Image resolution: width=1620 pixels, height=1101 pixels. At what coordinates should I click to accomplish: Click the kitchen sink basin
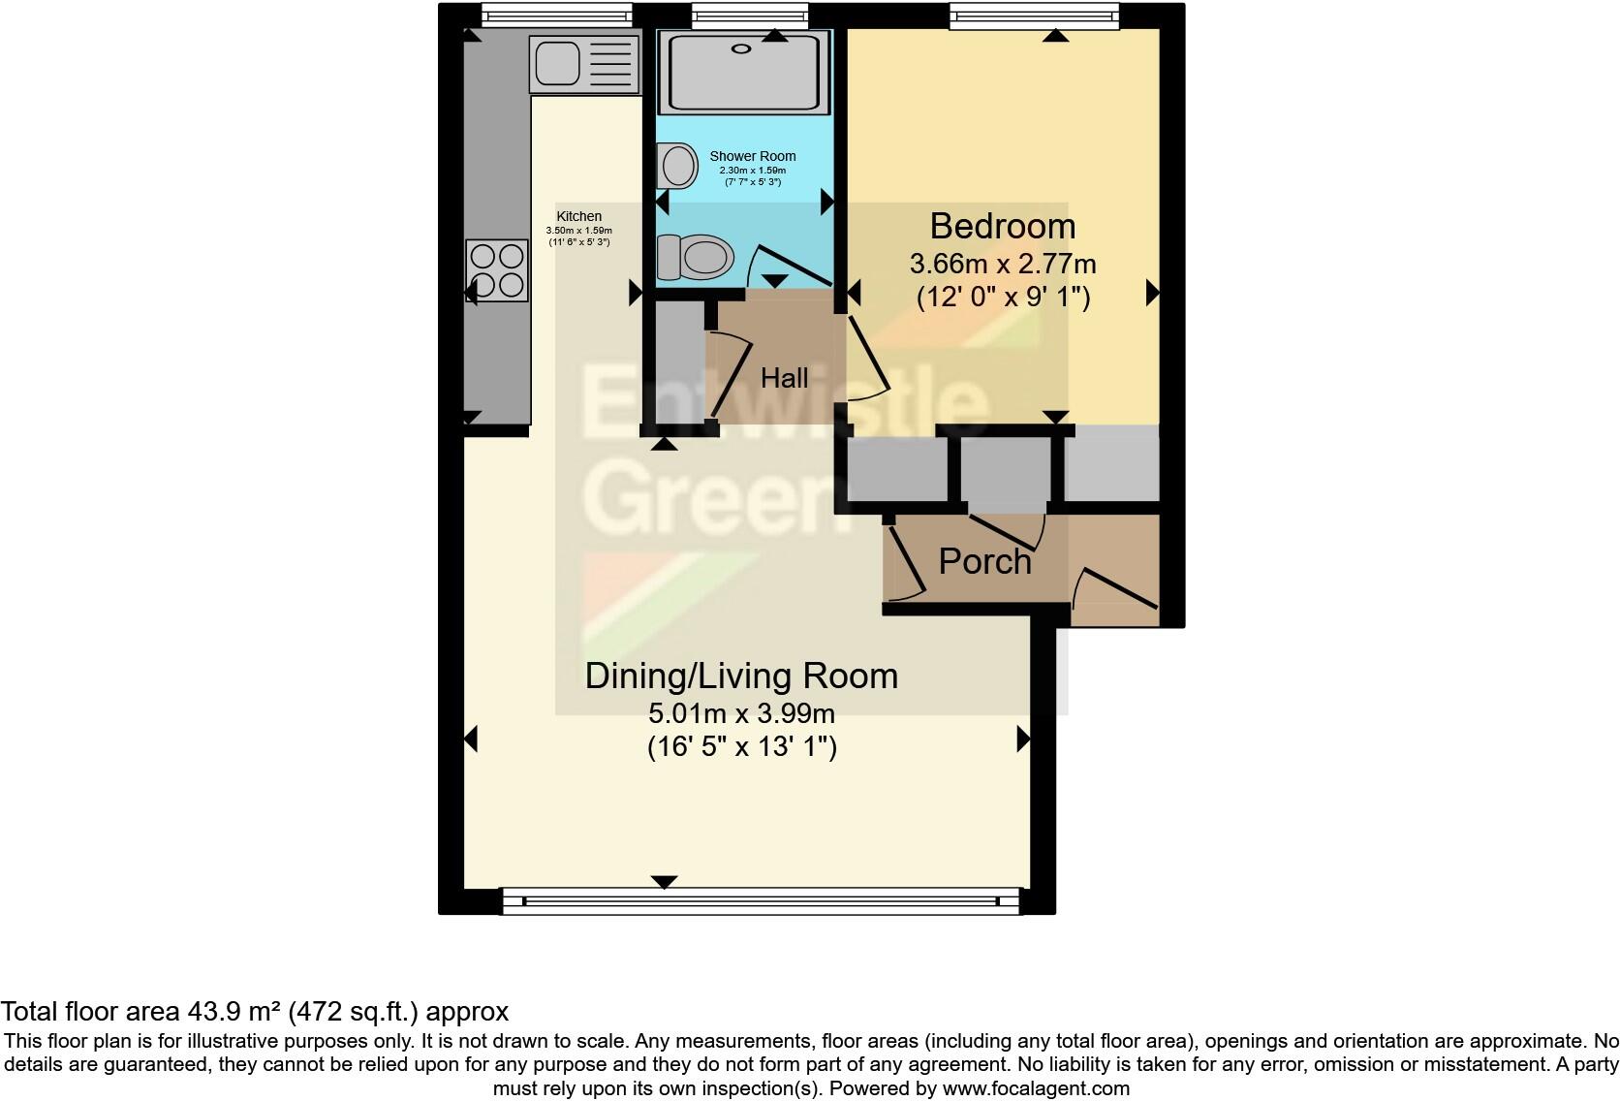click(x=556, y=63)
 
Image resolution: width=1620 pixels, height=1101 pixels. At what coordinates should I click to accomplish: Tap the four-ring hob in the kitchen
click(x=497, y=270)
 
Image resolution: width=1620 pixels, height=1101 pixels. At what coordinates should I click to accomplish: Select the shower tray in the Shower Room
click(x=743, y=71)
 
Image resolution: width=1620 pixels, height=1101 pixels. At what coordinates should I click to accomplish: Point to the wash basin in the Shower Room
click(x=677, y=166)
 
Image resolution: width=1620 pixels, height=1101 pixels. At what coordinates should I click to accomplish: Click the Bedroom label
click(x=1002, y=226)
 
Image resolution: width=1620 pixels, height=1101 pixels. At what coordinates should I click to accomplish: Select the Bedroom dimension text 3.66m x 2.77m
click(x=1002, y=264)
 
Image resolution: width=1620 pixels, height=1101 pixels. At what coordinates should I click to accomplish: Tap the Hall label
click(x=784, y=378)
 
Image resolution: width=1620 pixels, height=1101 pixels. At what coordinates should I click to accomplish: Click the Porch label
click(x=984, y=561)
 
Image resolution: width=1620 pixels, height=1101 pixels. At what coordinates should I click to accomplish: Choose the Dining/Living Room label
click(x=741, y=676)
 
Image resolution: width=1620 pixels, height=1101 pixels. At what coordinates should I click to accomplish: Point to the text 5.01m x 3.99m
click(x=741, y=714)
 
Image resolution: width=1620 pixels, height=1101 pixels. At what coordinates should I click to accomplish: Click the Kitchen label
click(x=578, y=216)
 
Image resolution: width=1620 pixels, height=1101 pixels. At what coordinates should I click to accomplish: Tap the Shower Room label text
click(x=752, y=156)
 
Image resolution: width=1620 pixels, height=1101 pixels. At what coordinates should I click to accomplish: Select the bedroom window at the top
click(x=1034, y=16)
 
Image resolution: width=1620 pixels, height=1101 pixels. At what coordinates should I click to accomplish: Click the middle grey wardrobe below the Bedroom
click(x=1005, y=469)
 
